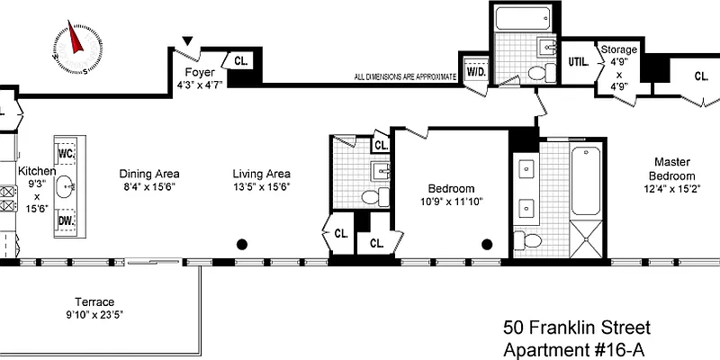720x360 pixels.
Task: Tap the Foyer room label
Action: point(199,71)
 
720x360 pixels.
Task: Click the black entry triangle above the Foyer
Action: point(187,41)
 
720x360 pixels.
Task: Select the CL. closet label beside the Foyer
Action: point(241,61)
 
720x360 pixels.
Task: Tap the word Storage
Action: point(618,50)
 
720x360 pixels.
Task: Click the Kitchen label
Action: point(38,170)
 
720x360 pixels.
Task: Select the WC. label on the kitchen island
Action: point(67,154)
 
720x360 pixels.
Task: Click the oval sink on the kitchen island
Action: point(67,187)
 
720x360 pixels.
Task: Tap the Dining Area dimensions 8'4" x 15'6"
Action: point(150,187)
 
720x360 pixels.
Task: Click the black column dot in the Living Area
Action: point(242,243)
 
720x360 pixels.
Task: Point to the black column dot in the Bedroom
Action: point(487,243)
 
